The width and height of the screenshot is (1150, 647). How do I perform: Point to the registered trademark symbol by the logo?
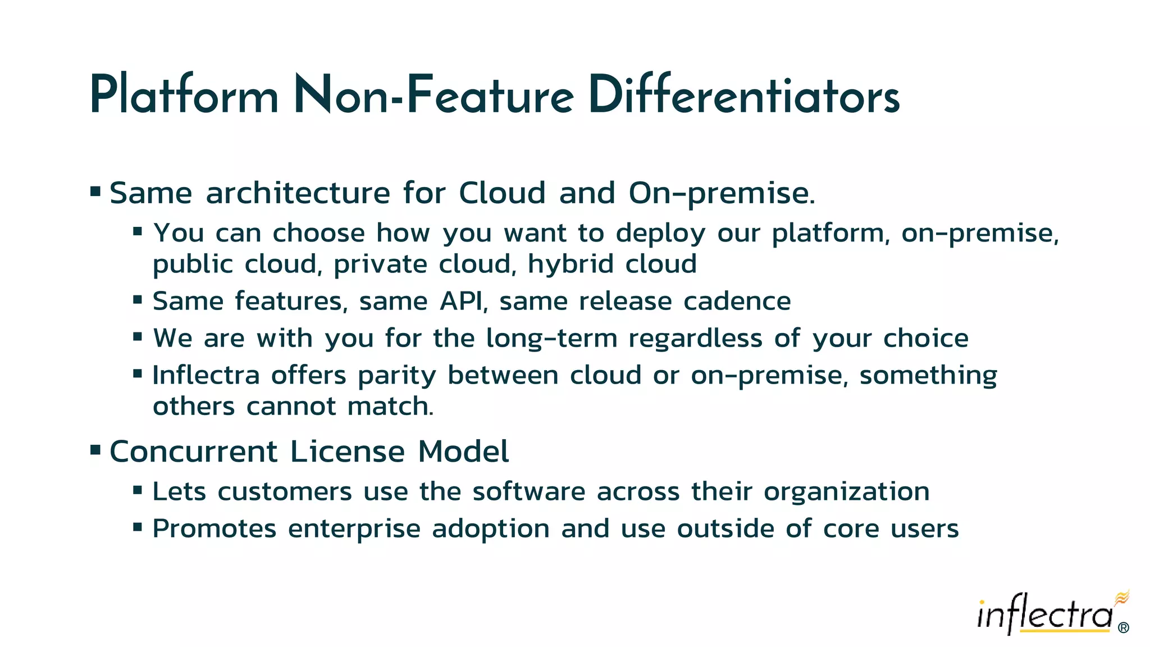point(1124,628)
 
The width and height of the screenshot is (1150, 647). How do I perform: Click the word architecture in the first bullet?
point(298,193)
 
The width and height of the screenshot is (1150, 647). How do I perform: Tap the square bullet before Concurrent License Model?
point(95,450)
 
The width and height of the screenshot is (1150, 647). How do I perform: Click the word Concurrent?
point(194,452)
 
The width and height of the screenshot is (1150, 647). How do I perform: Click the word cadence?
point(737,301)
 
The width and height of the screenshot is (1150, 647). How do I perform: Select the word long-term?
point(551,339)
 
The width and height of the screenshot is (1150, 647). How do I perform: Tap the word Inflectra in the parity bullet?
point(206,375)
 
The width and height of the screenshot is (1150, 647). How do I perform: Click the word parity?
point(396,376)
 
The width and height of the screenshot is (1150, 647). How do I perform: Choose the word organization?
point(846,493)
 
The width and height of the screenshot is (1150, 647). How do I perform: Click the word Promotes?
point(215,529)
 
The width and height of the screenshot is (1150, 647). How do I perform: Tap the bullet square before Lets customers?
point(138,490)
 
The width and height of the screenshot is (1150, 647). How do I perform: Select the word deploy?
point(660,234)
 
